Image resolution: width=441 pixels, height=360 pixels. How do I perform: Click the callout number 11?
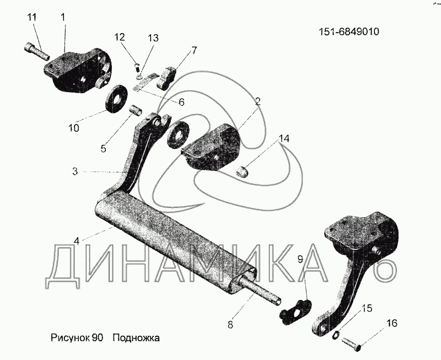(32, 18)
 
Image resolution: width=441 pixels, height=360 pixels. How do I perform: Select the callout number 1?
(63, 18)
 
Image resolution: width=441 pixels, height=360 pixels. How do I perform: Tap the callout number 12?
(120, 37)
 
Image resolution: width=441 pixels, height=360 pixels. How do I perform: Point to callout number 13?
(153, 38)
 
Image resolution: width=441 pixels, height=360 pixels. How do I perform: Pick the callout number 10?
(74, 128)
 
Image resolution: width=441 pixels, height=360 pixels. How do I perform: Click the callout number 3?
(76, 171)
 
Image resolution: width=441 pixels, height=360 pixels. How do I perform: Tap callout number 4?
(77, 240)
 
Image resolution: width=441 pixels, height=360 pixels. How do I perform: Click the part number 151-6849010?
(349, 31)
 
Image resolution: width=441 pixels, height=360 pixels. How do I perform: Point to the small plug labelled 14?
(242, 173)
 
